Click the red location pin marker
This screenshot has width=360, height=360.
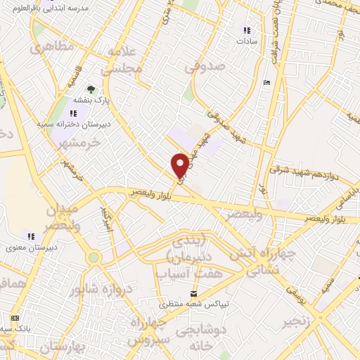click(180, 165)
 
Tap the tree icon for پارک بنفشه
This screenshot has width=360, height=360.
click(91, 89)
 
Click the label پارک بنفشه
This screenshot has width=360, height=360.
click(91, 101)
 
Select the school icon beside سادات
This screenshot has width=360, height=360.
click(246, 30)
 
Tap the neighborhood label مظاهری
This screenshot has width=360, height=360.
click(48, 49)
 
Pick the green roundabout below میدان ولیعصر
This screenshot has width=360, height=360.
click(93, 258)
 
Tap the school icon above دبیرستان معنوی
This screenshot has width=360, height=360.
click(30, 236)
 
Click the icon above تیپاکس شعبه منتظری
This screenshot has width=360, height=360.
click(195, 293)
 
